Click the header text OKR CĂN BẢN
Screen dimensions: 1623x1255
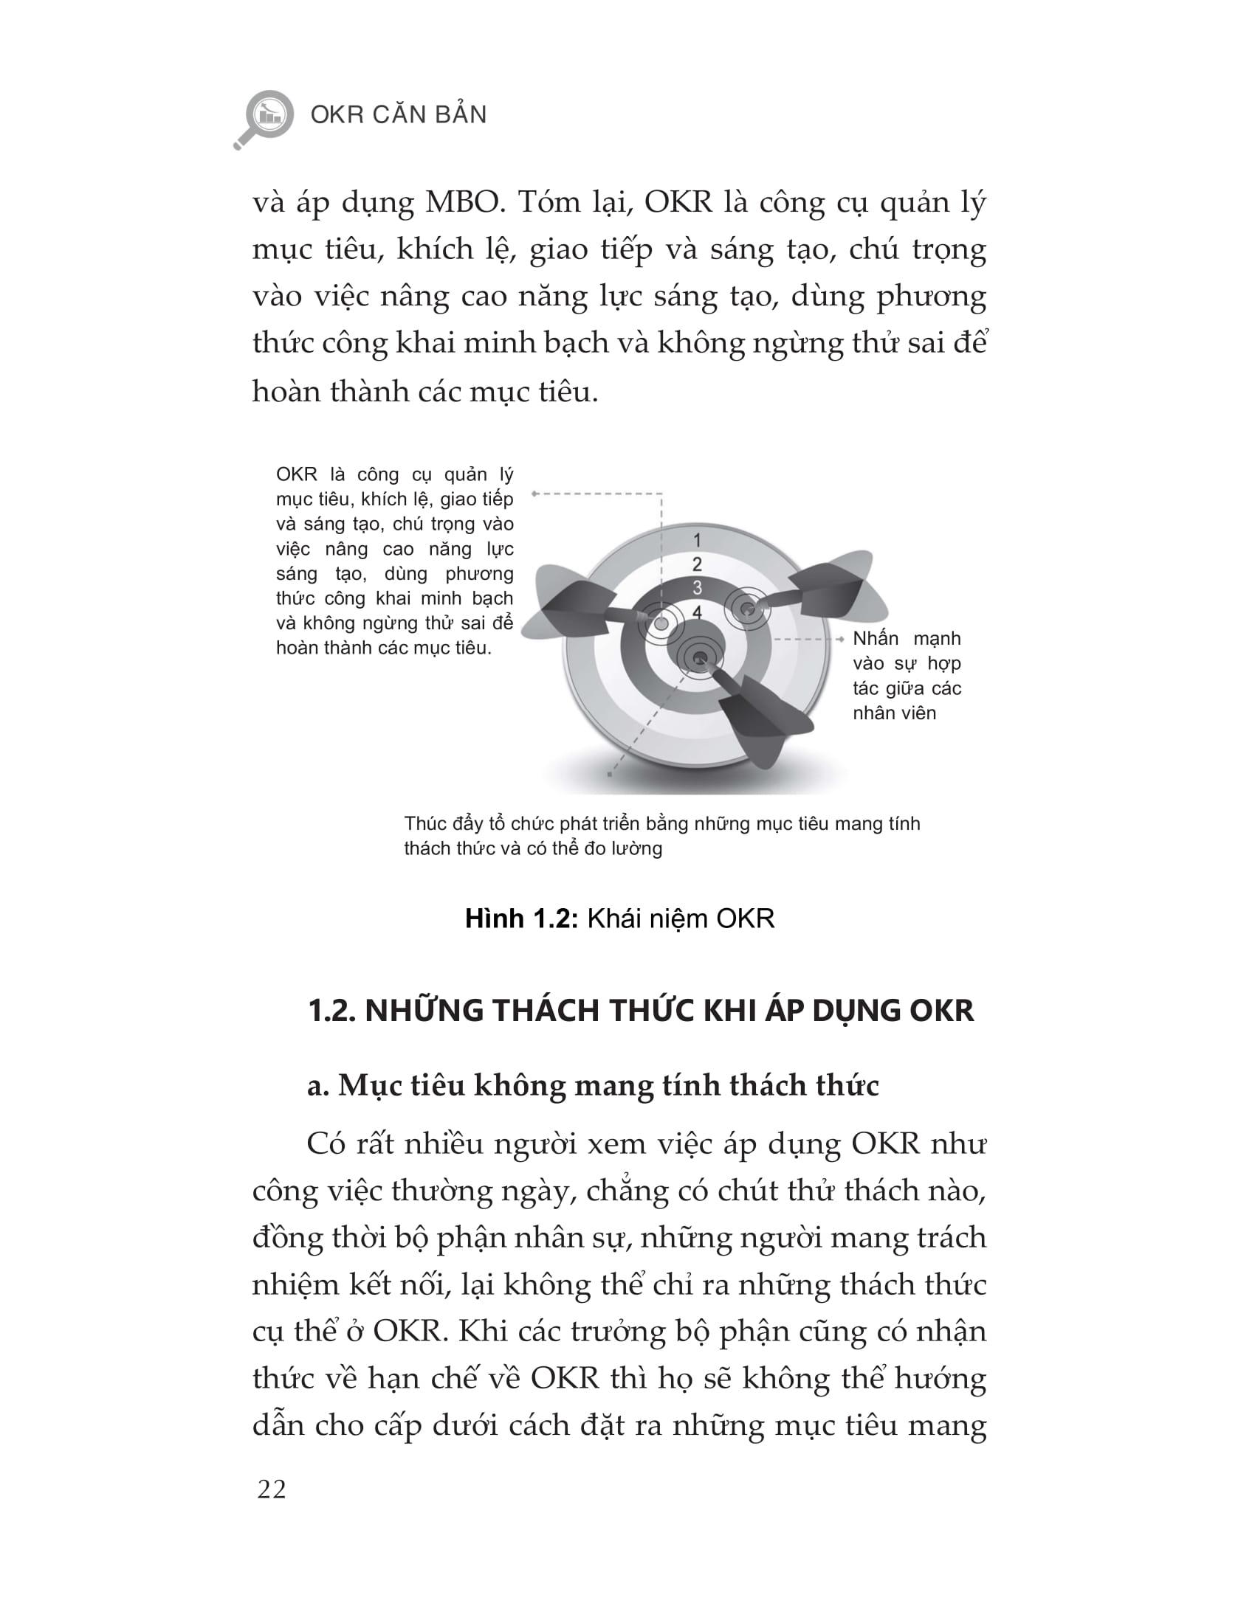(399, 115)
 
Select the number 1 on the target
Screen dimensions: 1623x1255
(697, 540)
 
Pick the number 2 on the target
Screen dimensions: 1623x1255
(697, 564)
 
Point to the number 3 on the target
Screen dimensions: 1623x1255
(697, 588)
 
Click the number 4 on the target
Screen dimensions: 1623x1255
(697, 612)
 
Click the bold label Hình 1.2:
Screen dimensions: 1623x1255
(522, 919)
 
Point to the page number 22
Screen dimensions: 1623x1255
(272, 1490)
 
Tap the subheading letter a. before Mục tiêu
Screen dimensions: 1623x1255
(318, 1086)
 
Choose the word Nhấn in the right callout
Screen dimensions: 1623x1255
(875, 638)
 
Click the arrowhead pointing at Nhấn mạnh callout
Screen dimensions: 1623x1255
(840, 639)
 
